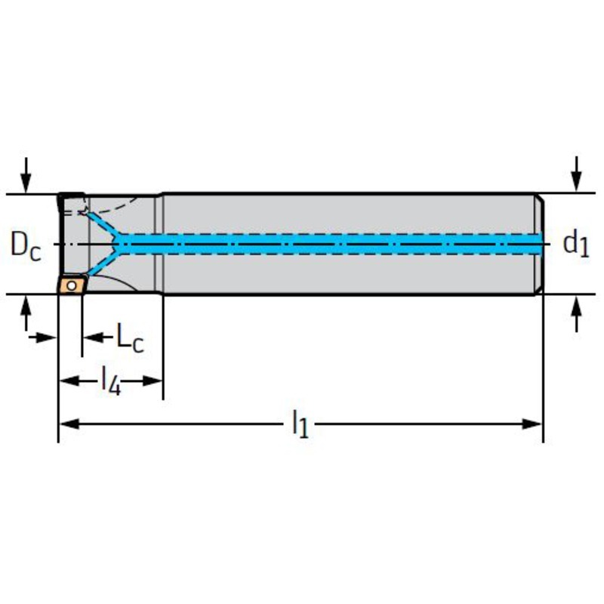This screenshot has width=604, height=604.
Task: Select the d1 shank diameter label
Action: click(575, 243)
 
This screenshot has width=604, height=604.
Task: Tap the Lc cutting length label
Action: click(129, 337)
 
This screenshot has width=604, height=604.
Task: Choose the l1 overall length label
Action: click(300, 424)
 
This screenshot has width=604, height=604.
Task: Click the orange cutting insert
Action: click(73, 285)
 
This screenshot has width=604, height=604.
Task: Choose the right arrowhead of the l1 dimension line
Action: click(535, 423)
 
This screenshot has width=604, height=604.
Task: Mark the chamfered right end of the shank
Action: click(540, 243)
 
